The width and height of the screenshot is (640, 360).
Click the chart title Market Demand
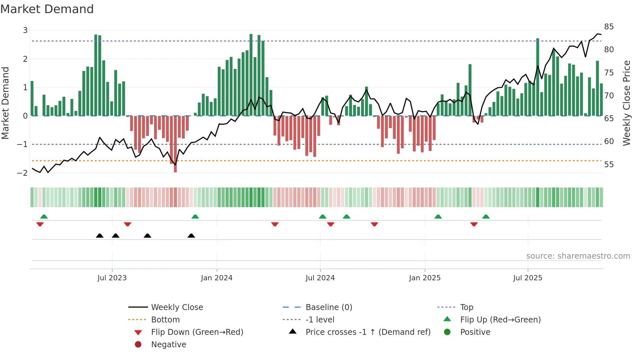[x=47, y=9]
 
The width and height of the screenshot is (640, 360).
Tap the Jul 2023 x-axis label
[x=112, y=278]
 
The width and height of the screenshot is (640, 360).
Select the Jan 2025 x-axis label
[x=424, y=278]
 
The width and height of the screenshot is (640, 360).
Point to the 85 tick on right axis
[x=609, y=27]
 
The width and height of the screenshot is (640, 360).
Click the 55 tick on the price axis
[x=609, y=165]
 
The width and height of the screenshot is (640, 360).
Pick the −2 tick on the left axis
[x=22, y=173]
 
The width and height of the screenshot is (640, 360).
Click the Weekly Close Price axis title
[x=626, y=103]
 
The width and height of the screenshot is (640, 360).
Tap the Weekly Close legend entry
[x=177, y=307]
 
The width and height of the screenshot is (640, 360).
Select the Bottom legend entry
[x=165, y=320]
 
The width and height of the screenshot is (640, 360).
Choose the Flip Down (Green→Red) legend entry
[x=197, y=332]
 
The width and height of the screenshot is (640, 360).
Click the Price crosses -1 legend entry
[x=368, y=332]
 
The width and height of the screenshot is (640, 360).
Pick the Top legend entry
[x=467, y=307]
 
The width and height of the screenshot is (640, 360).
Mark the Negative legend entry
[x=168, y=345]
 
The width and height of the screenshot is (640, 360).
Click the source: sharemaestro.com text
[x=578, y=256]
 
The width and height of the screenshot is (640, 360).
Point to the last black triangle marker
[x=191, y=236]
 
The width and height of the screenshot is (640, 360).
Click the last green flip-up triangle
[x=486, y=217]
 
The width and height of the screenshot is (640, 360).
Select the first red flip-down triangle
[x=40, y=224]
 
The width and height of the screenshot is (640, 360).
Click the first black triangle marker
[x=100, y=236]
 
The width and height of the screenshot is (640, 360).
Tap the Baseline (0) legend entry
[x=328, y=307]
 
